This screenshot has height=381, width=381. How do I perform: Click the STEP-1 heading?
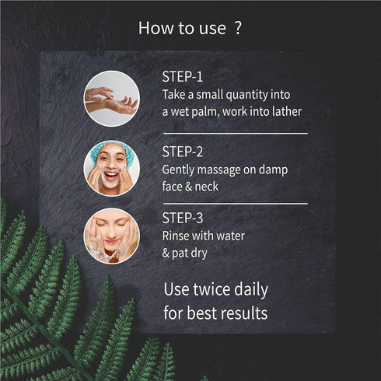tap(182, 78)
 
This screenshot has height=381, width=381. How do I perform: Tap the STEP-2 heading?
tap(184, 152)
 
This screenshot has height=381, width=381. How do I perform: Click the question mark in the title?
tap(237, 29)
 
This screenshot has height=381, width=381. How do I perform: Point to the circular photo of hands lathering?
tap(111, 99)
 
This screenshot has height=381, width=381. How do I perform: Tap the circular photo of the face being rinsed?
tap(111, 235)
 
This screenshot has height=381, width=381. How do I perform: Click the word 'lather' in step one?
tap(285, 112)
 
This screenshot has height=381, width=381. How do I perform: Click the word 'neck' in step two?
tap(206, 187)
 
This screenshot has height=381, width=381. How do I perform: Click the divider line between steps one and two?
tap(234, 133)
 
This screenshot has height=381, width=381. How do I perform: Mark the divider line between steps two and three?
tap(234, 203)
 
